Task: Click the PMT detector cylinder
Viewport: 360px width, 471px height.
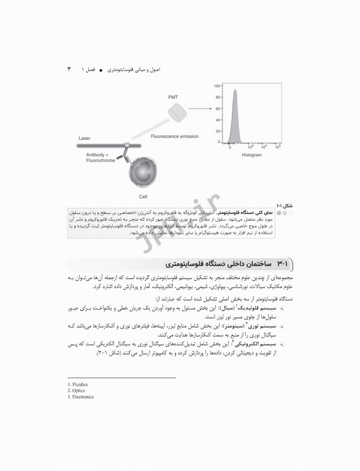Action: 177,111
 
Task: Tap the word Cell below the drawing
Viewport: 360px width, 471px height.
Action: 143,197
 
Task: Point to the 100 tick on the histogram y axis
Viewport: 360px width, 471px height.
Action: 217,86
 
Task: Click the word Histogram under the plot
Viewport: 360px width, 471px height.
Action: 251,155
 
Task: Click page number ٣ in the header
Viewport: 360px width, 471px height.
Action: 69,69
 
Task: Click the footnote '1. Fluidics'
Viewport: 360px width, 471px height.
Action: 78,385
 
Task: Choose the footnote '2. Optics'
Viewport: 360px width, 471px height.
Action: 77,391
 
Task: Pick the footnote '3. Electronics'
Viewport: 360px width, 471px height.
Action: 80,397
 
